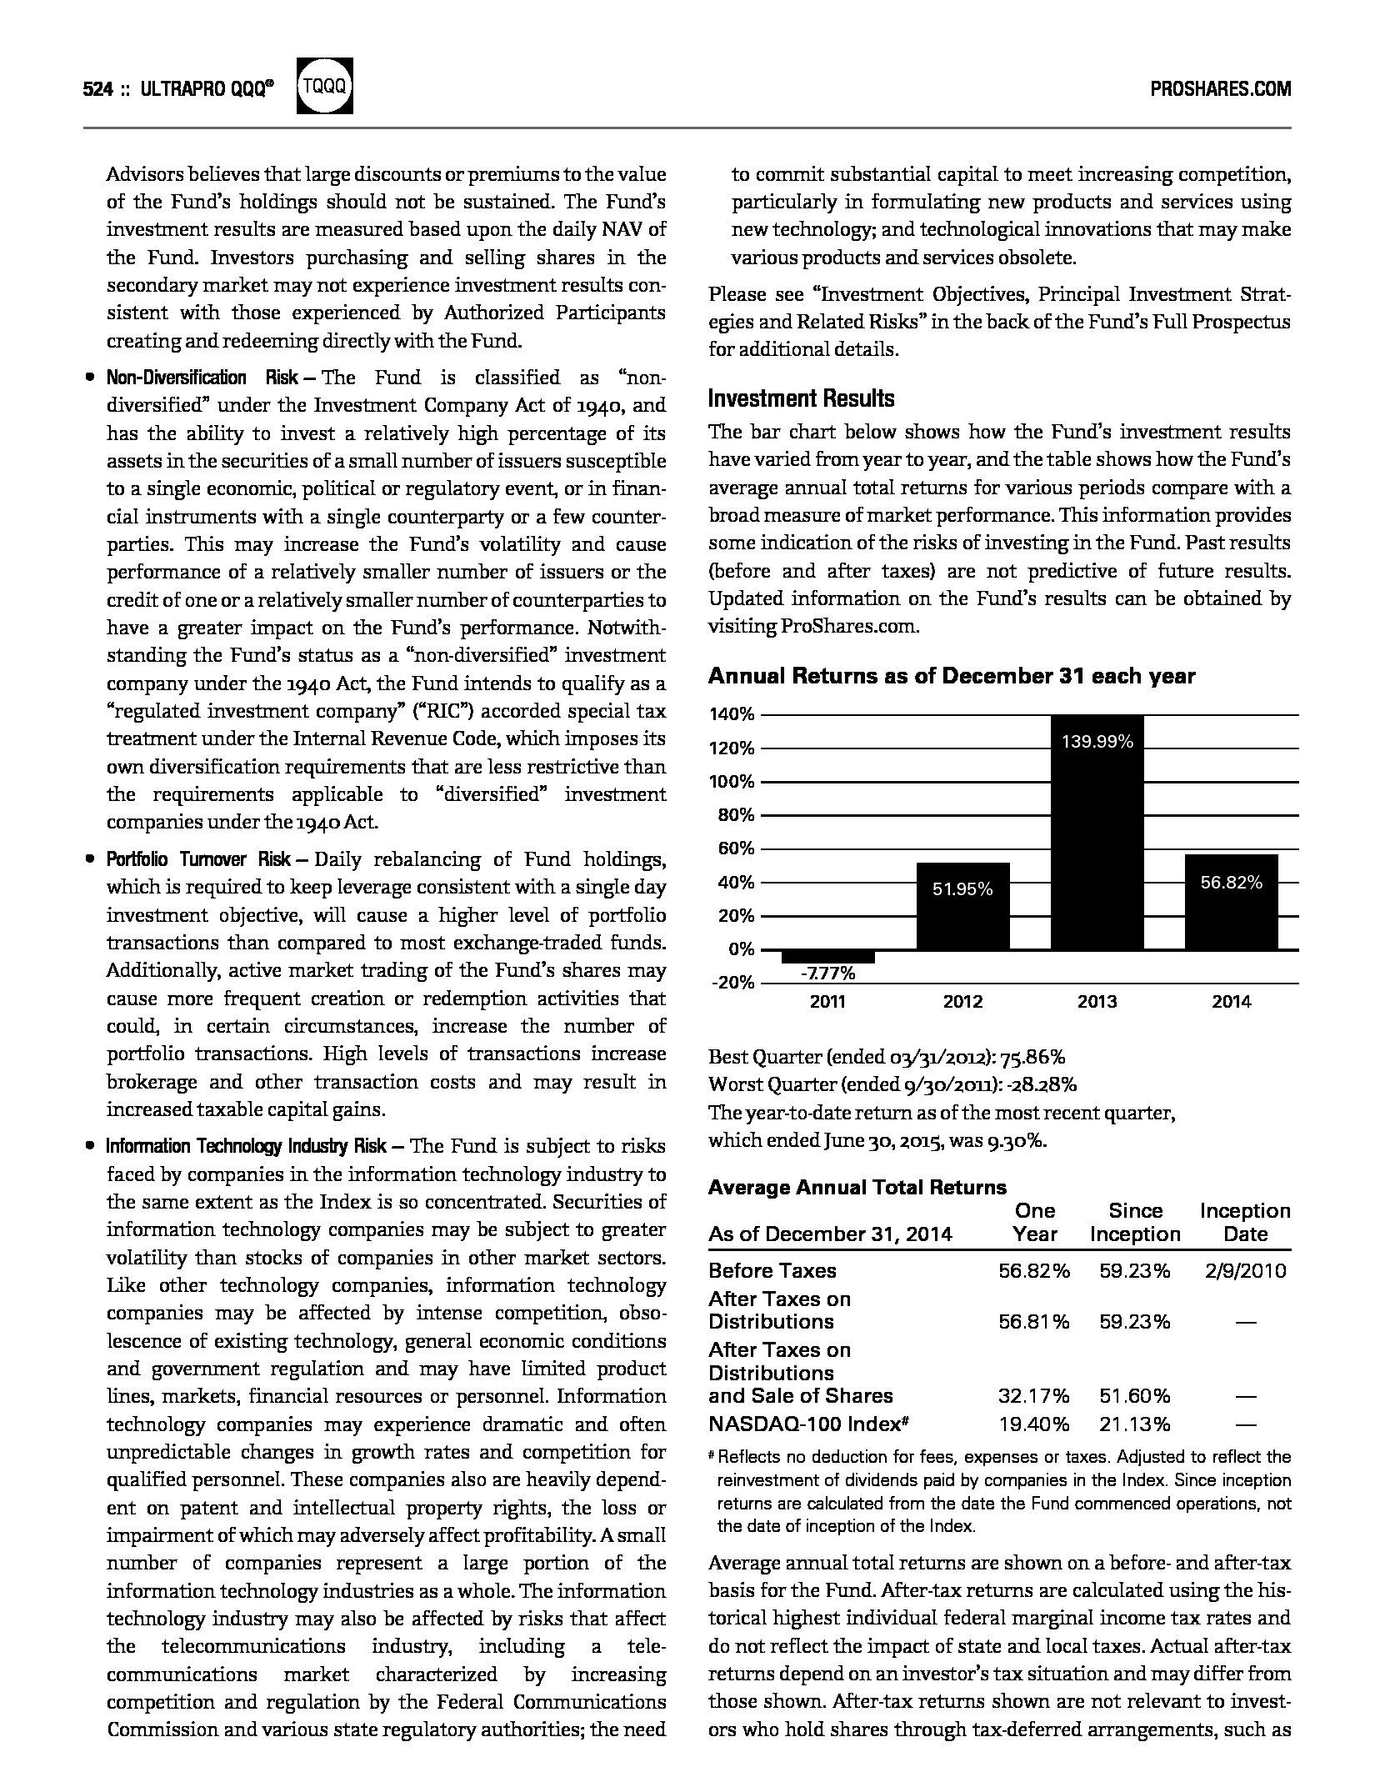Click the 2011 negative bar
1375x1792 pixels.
tap(827, 956)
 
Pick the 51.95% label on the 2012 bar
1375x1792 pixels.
tap(962, 889)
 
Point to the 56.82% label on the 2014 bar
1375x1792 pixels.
tap(1231, 883)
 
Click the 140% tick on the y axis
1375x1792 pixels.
tap(732, 714)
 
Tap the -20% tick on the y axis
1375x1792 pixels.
tap(732, 982)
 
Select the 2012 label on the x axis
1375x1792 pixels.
tap(962, 1002)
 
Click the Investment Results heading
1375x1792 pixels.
tap(801, 398)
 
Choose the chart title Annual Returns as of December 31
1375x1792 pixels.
tap(951, 676)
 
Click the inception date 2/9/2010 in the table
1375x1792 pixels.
tap(1245, 1270)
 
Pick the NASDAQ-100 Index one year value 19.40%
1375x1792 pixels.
tap(1033, 1424)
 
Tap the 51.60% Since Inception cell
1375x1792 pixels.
tap(1134, 1395)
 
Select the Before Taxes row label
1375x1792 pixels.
tap(772, 1270)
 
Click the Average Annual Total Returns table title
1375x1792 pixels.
tap(857, 1187)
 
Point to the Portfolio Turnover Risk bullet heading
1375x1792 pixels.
tap(198, 859)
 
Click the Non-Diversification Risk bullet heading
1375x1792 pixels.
tap(202, 378)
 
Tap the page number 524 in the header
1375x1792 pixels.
tap(97, 89)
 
